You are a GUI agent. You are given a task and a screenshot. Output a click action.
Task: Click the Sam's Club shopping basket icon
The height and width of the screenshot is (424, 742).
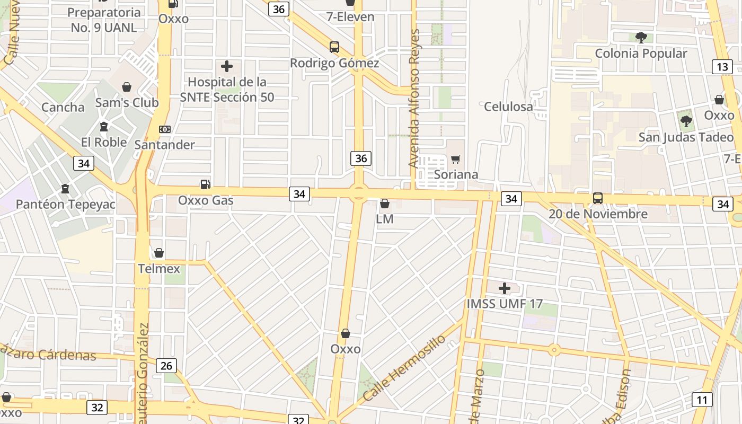pyautogui.click(x=127, y=87)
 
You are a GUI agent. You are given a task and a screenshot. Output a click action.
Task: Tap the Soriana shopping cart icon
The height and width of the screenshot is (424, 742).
pyautogui.click(x=455, y=159)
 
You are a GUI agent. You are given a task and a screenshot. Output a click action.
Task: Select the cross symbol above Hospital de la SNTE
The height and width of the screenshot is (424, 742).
pyautogui.click(x=227, y=66)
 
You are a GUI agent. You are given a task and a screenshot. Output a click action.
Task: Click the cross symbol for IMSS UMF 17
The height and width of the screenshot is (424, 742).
pyautogui.click(x=505, y=288)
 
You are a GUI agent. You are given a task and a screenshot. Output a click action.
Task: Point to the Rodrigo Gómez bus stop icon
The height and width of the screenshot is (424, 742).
pyautogui.click(x=334, y=47)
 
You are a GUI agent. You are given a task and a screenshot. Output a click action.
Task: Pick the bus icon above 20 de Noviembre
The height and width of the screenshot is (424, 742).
pyautogui.click(x=598, y=198)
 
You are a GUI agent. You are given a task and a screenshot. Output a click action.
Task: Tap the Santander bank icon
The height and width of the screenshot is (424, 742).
pyautogui.click(x=165, y=129)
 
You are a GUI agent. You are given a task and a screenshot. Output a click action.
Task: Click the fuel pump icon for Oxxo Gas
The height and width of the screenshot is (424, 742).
pyautogui.click(x=205, y=184)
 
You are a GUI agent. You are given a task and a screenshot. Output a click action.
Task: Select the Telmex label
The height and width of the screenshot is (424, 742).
pyautogui.click(x=159, y=269)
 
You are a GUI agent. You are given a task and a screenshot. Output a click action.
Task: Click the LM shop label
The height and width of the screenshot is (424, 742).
pyautogui.click(x=385, y=219)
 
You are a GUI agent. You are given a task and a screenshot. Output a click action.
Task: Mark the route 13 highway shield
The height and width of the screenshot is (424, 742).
pyautogui.click(x=722, y=67)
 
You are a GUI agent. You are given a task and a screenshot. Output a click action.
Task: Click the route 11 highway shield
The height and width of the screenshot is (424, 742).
pyautogui.click(x=702, y=400)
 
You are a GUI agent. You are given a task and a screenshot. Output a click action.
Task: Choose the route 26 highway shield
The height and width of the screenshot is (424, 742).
pyautogui.click(x=166, y=366)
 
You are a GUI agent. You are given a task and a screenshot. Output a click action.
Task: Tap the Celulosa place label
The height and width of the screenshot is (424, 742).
pyautogui.click(x=508, y=107)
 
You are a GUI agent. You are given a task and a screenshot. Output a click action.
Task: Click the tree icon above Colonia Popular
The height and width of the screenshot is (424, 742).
pyautogui.click(x=641, y=37)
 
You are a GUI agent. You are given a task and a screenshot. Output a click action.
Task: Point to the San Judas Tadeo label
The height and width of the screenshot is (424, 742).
pyautogui.click(x=686, y=137)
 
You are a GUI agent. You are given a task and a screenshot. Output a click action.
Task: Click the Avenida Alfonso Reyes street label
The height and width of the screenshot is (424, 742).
pyautogui.click(x=414, y=99)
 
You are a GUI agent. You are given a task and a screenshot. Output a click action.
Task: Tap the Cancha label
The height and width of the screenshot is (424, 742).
pyautogui.click(x=63, y=108)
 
